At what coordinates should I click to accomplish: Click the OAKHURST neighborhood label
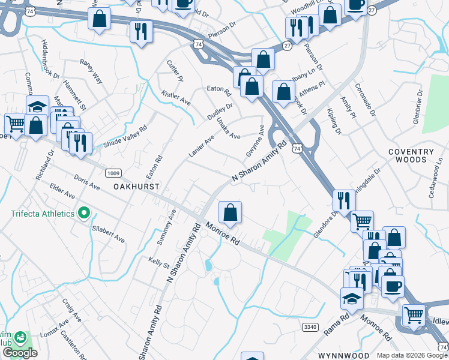point(137,187)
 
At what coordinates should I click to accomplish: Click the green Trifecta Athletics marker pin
point(85,214)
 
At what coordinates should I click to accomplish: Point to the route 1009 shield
point(112,173)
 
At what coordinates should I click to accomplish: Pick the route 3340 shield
point(310,326)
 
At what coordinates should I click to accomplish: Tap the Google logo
point(20,353)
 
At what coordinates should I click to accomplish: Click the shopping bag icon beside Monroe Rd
point(230,212)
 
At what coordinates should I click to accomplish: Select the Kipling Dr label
point(334,122)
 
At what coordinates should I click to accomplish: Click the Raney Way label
point(91,71)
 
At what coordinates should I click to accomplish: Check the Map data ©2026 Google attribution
point(411,355)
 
